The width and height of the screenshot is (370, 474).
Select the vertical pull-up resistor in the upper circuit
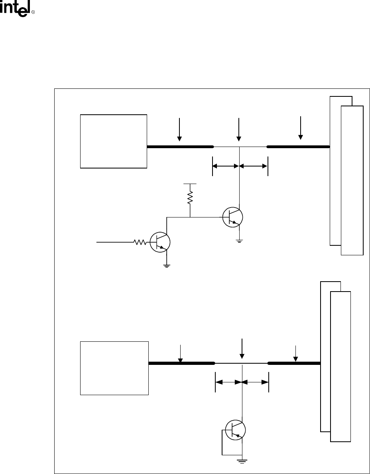190,198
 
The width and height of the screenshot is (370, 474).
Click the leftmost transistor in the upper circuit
160,242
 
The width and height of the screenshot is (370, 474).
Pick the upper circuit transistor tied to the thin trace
233,217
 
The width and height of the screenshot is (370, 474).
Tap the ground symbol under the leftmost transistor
167,265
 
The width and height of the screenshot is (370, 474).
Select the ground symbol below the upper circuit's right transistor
239,241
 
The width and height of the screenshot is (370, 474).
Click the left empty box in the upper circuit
114,141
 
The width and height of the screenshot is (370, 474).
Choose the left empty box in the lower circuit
114,368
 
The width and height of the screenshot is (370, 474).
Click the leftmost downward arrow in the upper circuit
179,129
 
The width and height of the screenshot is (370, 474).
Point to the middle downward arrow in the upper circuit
239,129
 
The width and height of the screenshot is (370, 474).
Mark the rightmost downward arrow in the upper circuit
301,128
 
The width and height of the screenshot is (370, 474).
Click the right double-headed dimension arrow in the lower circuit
255,382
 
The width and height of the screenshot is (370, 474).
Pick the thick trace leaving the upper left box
179,147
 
